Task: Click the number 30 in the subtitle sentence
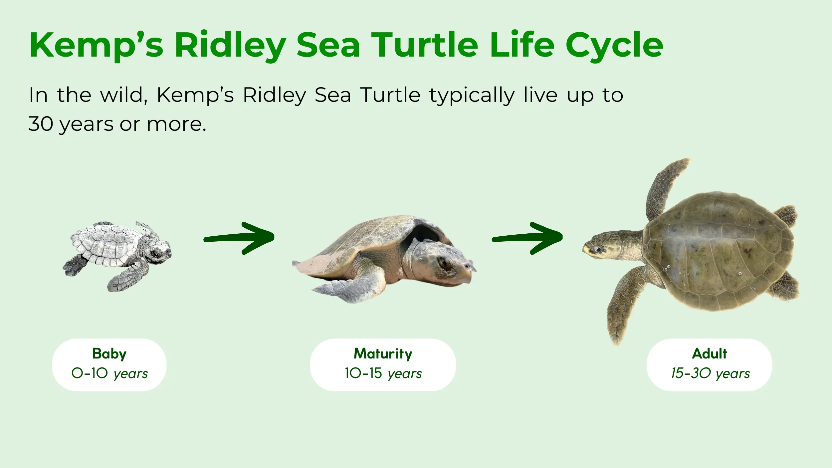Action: [x=41, y=124]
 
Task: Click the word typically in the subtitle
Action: [x=472, y=96]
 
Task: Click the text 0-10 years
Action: [x=109, y=373]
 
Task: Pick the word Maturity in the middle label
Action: [x=383, y=353]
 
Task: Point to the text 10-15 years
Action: [x=383, y=373]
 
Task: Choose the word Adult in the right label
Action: [x=710, y=353]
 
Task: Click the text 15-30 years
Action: [x=711, y=373]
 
